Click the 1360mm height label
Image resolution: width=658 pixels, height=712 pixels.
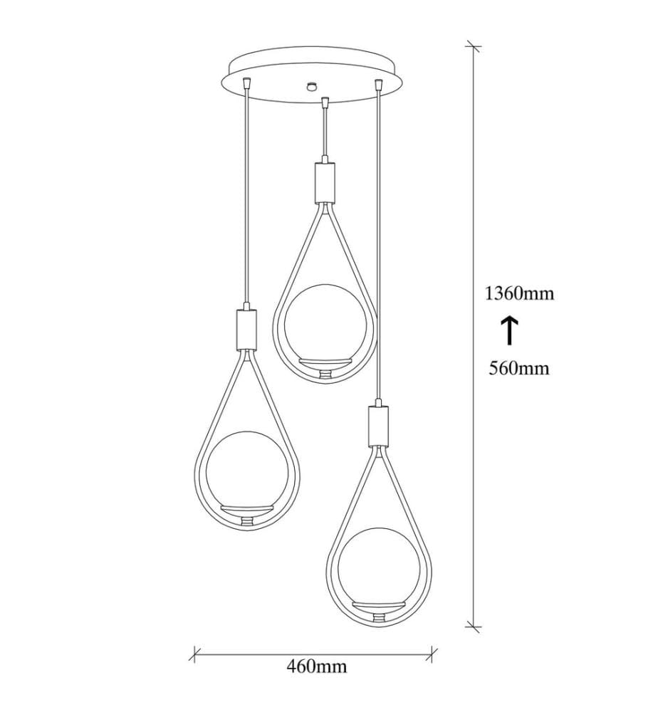coord(520,294)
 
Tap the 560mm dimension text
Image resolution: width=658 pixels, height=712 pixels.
coord(519,368)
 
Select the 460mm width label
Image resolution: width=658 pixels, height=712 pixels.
coord(316,666)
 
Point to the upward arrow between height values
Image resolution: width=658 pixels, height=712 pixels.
coord(509,330)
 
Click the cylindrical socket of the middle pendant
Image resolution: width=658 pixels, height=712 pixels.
coord(325,182)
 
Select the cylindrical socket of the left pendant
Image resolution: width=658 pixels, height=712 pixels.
coord(246,329)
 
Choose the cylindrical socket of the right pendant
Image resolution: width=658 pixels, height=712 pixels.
coord(378,426)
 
